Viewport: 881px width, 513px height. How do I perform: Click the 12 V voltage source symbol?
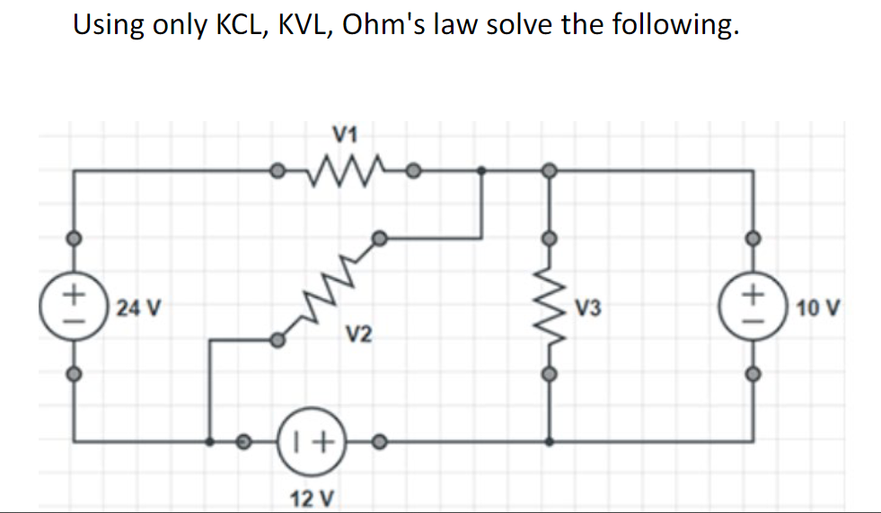pyautogui.click(x=312, y=441)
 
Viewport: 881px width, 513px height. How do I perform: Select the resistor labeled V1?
pyautogui.click(x=346, y=167)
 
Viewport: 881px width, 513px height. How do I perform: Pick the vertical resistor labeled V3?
pyautogui.click(x=550, y=307)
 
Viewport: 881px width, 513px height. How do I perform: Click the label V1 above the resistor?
pyautogui.click(x=345, y=135)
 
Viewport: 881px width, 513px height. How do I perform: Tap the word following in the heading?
pyautogui.click(x=675, y=24)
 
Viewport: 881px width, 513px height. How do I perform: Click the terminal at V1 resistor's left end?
pyautogui.click(x=279, y=169)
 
